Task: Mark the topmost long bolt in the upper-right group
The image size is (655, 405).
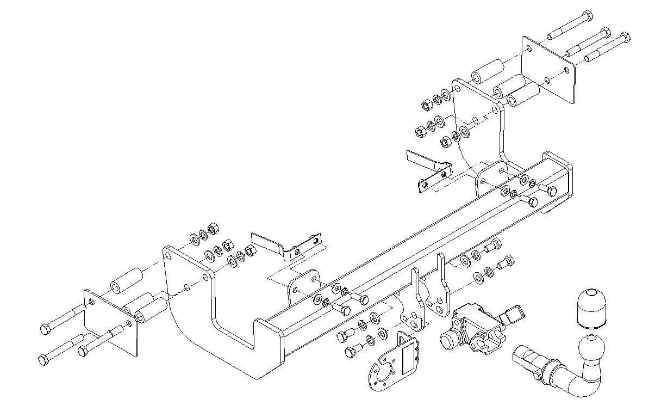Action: pyautogui.click(x=569, y=24)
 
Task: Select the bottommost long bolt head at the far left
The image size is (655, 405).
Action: pyautogui.click(x=43, y=360)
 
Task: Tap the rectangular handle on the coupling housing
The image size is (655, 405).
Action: pyautogui.click(x=515, y=313)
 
